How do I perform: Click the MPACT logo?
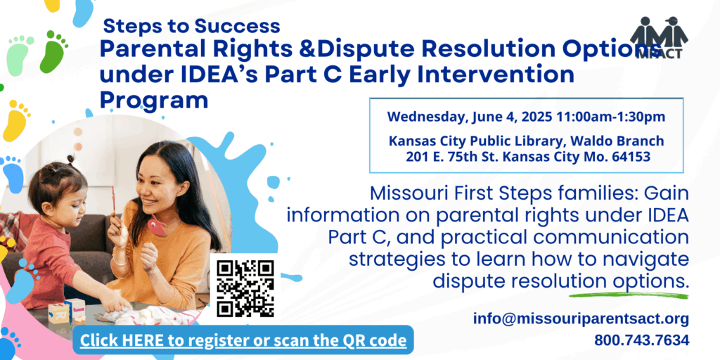click(659, 38)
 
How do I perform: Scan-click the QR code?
click(245, 288)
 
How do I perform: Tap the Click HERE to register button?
click(243, 340)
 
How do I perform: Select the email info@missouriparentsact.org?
click(581, 319)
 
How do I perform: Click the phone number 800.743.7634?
click(642, 340)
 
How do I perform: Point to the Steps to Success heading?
click(191, 26)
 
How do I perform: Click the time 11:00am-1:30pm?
click(611, 117)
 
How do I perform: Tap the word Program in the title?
click(154, 101)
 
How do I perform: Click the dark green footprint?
click(53, 51)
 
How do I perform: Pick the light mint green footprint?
click(20, 55)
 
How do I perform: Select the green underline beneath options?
click(629, 295)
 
